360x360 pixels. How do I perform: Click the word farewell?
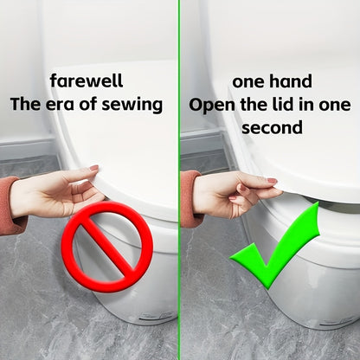(x=87, y=80)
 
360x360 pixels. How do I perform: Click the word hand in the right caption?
(x=291, y=81)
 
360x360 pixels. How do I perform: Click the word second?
(x=272, y=128)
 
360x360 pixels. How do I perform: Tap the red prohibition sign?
(x=106, y=247)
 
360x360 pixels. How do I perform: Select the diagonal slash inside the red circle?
(x=107, y=247)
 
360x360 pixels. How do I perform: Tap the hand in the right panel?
(x=236, y=193)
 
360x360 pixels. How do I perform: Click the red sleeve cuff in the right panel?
(x=190, y=198)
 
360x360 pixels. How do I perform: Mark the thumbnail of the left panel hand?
(x=94, y=168)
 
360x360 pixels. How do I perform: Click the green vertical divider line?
(x=179, y=180)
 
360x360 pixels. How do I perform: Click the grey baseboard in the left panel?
(x=28, y=147)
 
